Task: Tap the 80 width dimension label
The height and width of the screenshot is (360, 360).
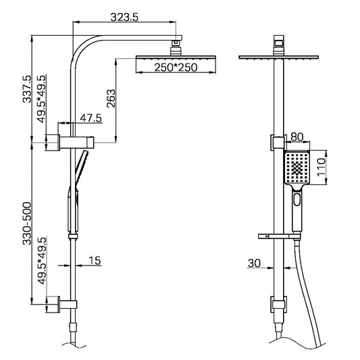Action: tap(295, 136)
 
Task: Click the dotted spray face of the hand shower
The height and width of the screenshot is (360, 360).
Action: tap(295, 169)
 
